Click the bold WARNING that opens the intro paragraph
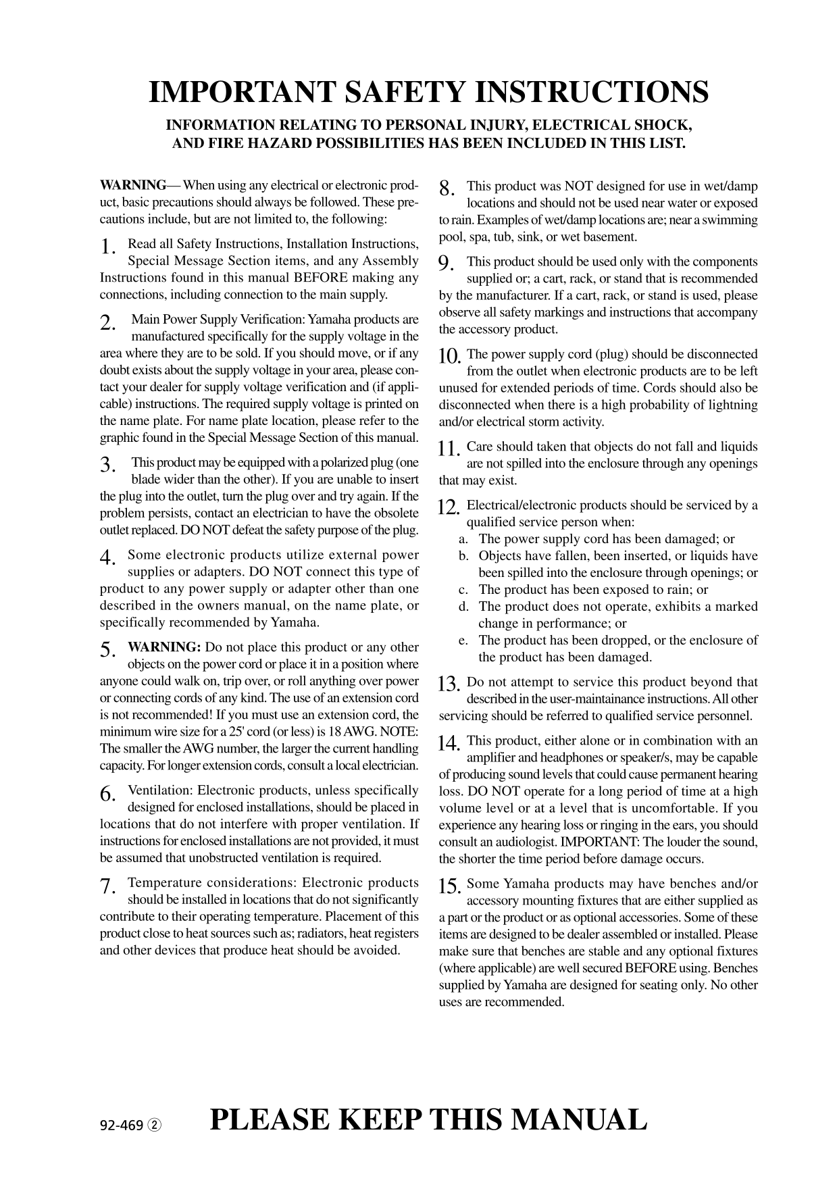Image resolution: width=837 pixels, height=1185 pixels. (x=133, y=186)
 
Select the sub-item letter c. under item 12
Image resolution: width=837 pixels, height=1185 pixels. (x=463, y=590)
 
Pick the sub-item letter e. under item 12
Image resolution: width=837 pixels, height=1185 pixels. (x=463, y=640)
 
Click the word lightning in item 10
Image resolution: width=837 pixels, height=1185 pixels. (x=732, y=405)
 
